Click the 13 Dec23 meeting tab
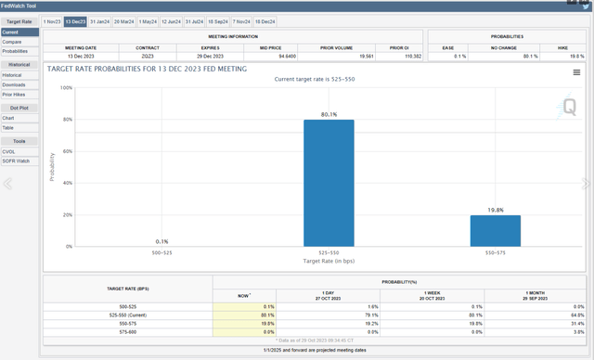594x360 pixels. pyautogui.click(x=75, y=21)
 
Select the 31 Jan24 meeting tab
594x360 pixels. pyautogui.click(x=99, y=21)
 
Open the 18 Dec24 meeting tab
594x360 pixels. pyautogui.click(x=265, y=21)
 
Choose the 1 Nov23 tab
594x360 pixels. pyautogui.click(x=51, y=21)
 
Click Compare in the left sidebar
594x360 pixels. pyautogui.click(x=11, y=42)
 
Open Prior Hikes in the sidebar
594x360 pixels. pyautogui.click(x=14, y=95)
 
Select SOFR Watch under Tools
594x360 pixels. pyautogui.click(x=16, y=161)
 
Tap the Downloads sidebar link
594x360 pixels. pyautogui.click(x=14, y=85)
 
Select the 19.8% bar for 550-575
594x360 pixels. pyautogui.click(x=495, y=230)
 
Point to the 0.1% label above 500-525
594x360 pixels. pyautogui.click(x=162, y=241)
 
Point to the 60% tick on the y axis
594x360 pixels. pyautogui.click(x=67, y=151)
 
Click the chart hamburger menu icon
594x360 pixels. pyautogui.click(x=576, y=72)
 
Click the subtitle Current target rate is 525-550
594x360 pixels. pyautogui.click(x=315, y=80)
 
